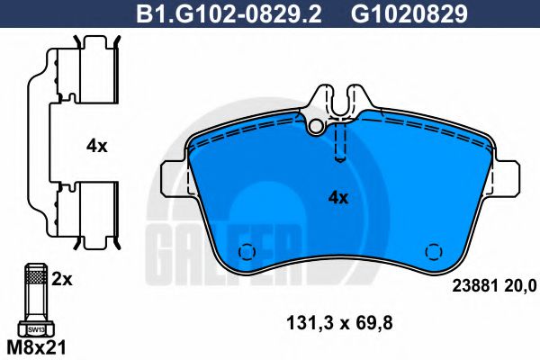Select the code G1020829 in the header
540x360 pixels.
point(396,13)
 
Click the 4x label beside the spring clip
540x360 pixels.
point(96,146)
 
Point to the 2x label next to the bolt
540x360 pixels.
point(61,279)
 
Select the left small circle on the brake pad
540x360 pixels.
point(243,252)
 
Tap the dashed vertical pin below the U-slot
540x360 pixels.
point(339,142)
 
